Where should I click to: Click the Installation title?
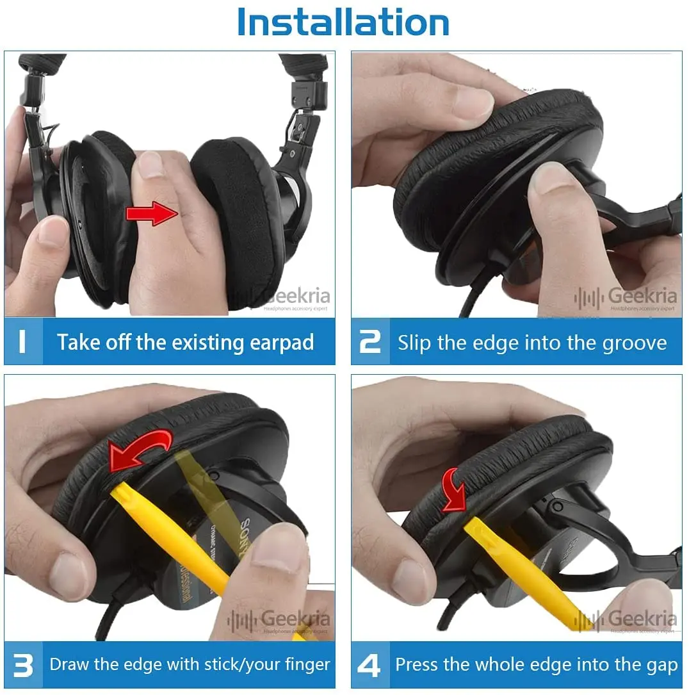[x=343, y=22]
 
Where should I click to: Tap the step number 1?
[x=22, y=341]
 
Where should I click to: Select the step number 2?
[x=370, y=341]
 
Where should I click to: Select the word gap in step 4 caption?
[x=662, y=665]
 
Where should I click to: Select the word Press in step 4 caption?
[x=417, y=665]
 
